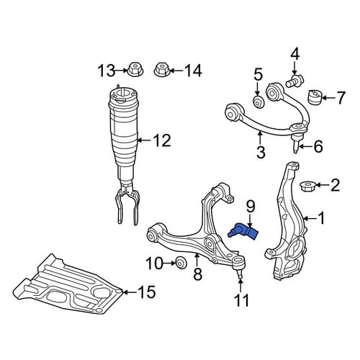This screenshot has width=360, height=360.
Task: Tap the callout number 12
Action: pos(163,140)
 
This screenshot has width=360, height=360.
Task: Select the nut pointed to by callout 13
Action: pos(135,69)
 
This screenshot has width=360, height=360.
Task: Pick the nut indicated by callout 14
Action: pos(162,69)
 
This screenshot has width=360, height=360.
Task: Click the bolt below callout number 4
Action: pos(294,81)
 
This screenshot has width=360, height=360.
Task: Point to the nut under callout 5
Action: pos(259,102)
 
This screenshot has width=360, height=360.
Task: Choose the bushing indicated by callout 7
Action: pos(315,97)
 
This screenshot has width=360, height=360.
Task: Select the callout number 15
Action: pos(146,292)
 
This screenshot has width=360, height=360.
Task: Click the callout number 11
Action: pos(242,300)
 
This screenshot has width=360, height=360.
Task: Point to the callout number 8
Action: pos(197,274)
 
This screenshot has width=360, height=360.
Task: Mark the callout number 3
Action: pos(261,151)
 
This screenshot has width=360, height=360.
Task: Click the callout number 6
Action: pos(318,146)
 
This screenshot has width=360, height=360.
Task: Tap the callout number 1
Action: pos(320,218)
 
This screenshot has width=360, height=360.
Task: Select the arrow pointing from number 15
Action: pos(130,292)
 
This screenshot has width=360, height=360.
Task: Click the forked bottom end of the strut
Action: pos(127,207)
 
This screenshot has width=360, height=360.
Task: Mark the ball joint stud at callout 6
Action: pos(296,144)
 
